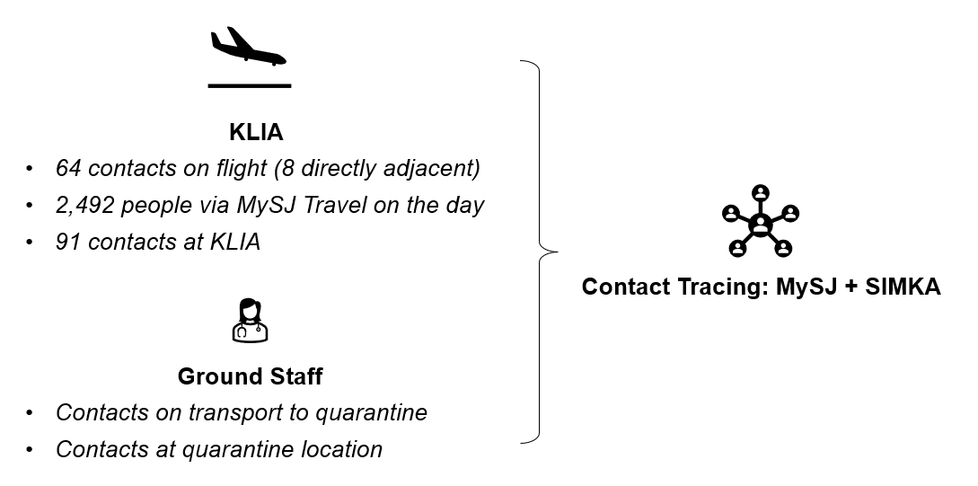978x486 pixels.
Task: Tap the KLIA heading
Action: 256,133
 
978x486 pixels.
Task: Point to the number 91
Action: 68,241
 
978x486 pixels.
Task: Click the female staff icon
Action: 250,321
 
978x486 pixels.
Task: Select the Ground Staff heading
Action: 250,376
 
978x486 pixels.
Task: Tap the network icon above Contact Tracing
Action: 760,221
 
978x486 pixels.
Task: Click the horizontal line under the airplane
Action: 250,86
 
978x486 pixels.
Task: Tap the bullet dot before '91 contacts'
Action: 30,242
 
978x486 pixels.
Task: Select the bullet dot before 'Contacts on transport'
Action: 30,413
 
